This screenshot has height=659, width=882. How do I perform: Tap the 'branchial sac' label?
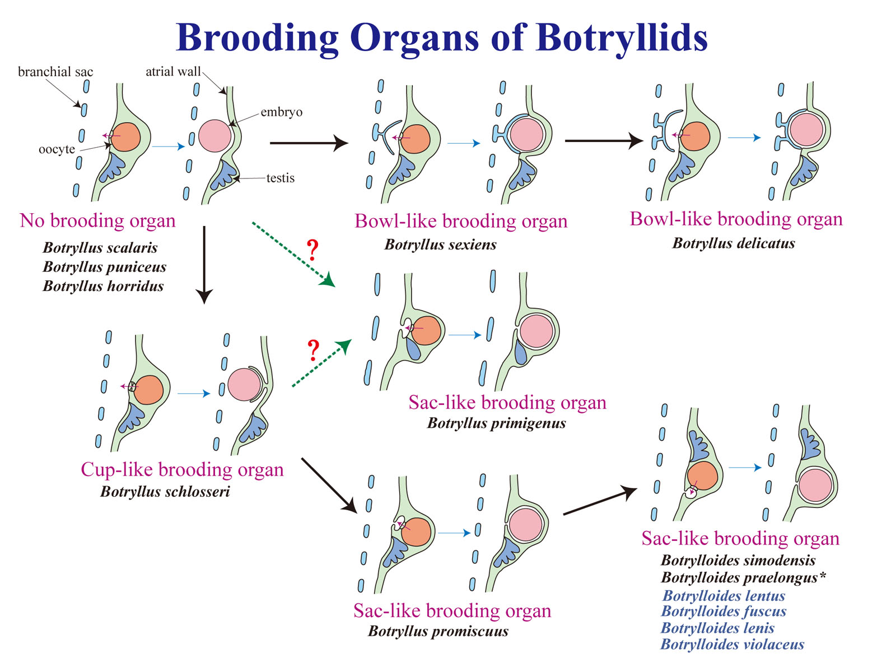click(55, 72)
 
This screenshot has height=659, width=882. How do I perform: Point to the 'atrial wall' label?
click(173, 71)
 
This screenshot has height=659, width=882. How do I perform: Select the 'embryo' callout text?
click(281, 112)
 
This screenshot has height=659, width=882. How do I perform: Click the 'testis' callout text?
click(280, 178)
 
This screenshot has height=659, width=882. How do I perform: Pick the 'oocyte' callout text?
click(57, 149)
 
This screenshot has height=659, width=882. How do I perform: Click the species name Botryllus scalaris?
click(100, 248)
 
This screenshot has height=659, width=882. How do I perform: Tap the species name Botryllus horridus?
click(103, 286)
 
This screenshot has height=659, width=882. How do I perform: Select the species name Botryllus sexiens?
click(440, 244)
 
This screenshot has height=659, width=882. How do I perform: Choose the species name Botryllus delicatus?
click(734, 243)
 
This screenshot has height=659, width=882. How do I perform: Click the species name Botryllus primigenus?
click(496, 423)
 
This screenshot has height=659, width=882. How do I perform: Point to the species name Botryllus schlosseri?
click(165, 492)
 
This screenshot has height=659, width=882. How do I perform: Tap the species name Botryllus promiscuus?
click(438, 631)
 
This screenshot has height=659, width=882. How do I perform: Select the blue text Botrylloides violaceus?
click(732, 644)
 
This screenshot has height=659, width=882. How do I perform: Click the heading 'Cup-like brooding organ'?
click(182, 469)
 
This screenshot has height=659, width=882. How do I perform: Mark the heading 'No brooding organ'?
click(97, 220)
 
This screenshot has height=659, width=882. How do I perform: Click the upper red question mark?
click(312, 250)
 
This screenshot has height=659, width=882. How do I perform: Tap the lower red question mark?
click(313, 350)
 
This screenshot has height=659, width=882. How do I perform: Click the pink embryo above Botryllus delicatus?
click(806, 129)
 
